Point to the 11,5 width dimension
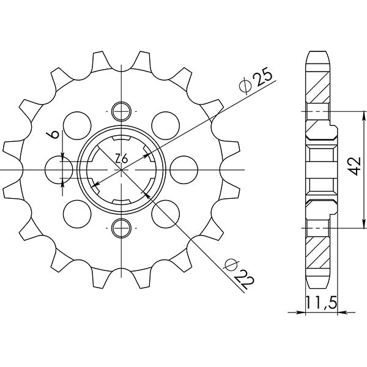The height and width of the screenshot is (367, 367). click(321, 303)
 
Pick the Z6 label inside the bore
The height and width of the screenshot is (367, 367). click(121, 158)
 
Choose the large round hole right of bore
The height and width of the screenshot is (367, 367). click(183, 169)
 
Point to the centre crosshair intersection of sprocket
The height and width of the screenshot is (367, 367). click(122, 169)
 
